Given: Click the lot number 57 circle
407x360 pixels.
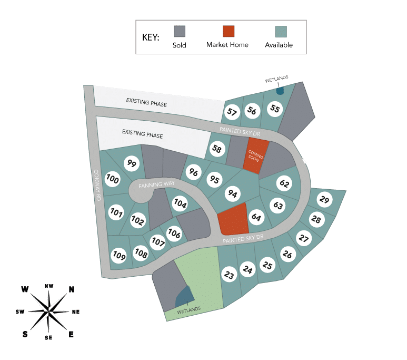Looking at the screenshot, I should [x=232, y=112].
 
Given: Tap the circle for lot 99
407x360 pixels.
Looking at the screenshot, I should [x=132, y=163].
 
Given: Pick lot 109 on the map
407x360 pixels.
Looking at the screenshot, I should [x=119, y=256].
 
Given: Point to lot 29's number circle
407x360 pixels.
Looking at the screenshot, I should [x=325, y=200].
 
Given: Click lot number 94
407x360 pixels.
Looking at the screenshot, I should [x=232, y=193].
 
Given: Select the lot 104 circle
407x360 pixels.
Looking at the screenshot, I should [x=180, y=203].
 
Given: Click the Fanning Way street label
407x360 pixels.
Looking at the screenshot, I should [x=156, y=184].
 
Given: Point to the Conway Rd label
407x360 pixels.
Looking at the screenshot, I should [x=97, y=184].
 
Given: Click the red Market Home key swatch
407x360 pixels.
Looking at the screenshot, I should [x=229, y=32].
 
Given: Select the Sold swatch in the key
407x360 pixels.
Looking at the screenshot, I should [x=180, y=32].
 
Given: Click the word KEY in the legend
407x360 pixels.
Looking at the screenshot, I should [x=152, y=38].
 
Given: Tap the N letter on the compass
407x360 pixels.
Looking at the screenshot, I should [x=72, y=289].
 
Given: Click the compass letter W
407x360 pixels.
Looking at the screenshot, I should [x=24, y=289].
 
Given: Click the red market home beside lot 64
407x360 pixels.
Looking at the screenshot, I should [x=233, y=219].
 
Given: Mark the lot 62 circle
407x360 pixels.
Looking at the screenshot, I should [x=284, y=183].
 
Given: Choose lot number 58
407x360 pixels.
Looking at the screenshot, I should [x=217, y=149].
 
